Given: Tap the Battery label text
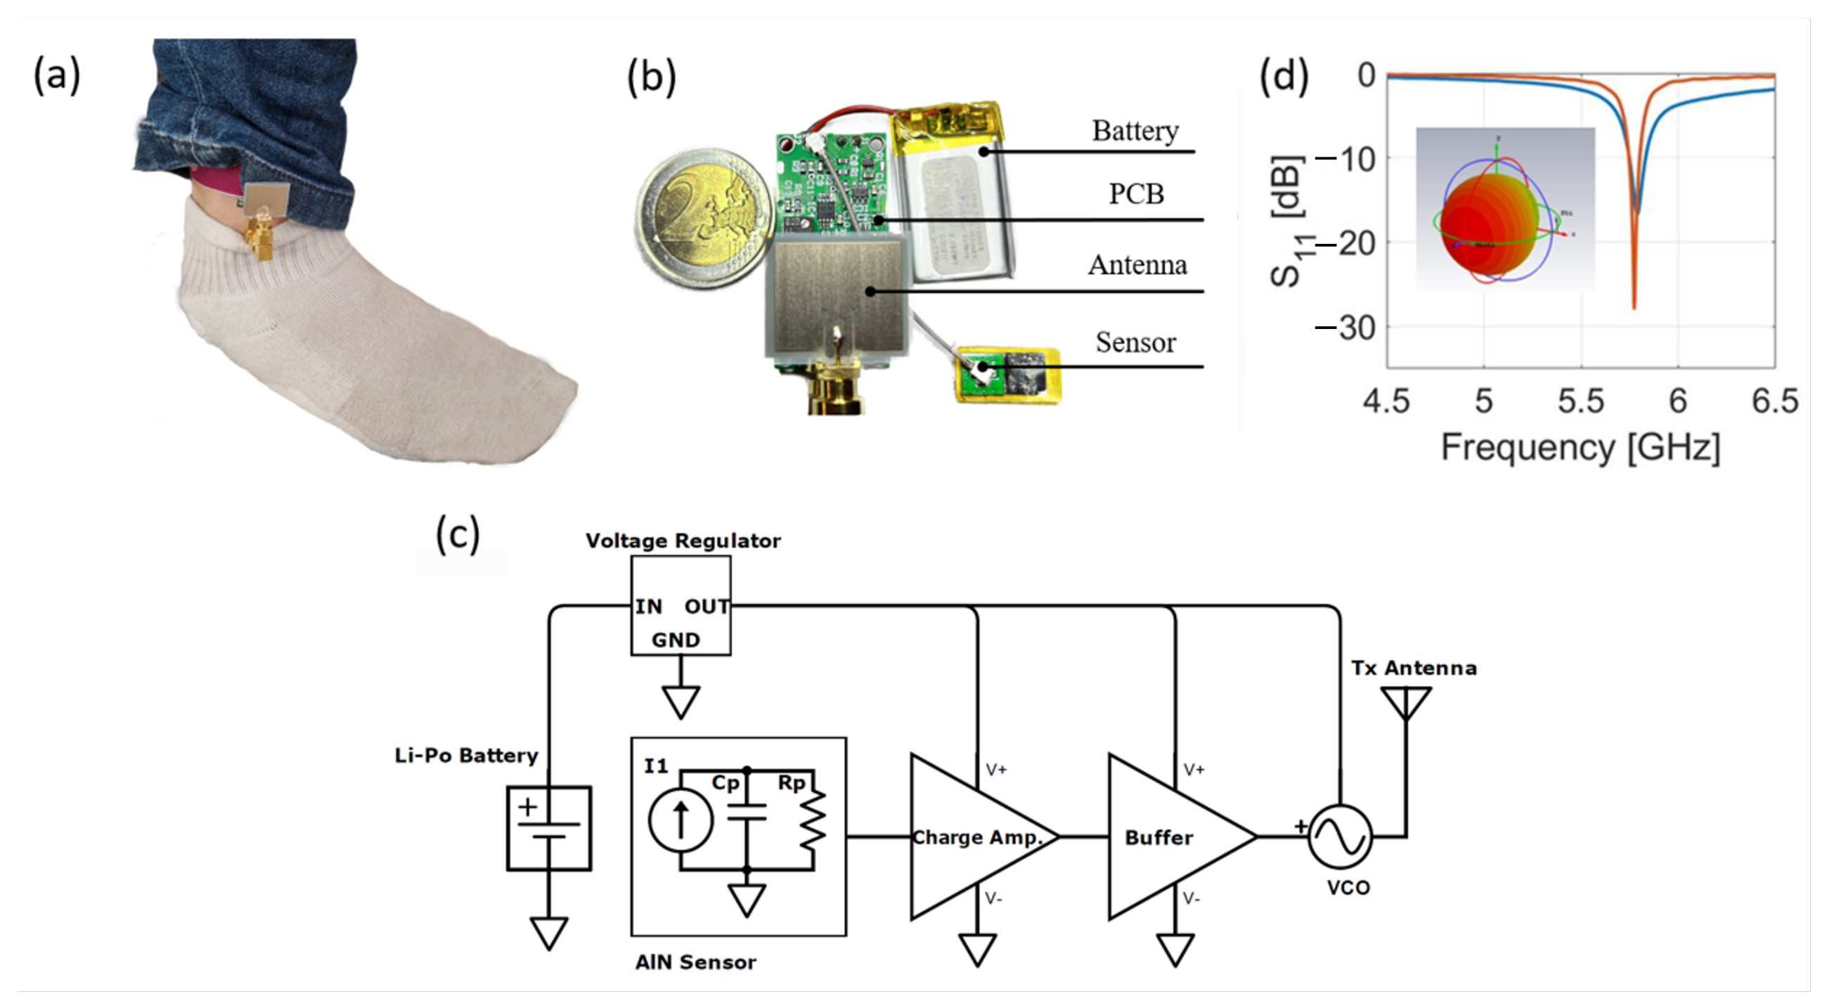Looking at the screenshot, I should click(x=1135, y=131).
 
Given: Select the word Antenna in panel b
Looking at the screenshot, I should click(x=1137, y=265).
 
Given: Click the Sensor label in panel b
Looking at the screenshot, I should click(x=1135, y=343).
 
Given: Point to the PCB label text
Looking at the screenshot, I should click(x=1135, y=194).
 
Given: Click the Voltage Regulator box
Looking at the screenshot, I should click(x=680, y=606).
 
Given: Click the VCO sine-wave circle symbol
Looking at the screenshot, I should click(x=1340, y=837).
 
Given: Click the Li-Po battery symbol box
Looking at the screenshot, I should click(x=549, y=828).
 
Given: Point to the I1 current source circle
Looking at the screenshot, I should click(x=680, y=820).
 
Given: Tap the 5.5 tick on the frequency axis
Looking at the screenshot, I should click(x=1580, y=401).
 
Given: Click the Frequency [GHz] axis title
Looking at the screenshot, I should click(x=1580, y=448).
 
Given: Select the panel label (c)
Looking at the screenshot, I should click(x=458, y=534).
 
